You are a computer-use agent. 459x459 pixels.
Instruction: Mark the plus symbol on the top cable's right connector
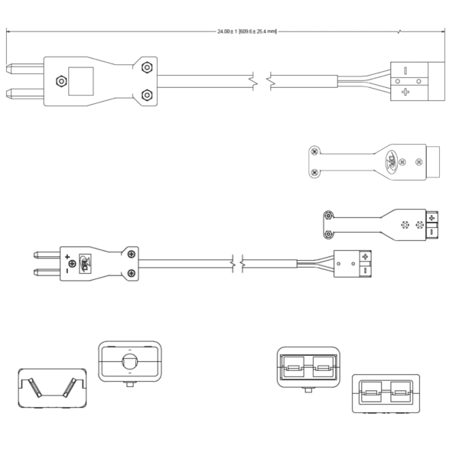pos(404,92)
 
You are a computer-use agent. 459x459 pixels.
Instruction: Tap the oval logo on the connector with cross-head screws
pos(391,161)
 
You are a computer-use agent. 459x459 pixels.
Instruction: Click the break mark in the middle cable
pos(237,262)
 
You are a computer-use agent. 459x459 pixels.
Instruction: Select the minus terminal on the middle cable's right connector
pos(365,269)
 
